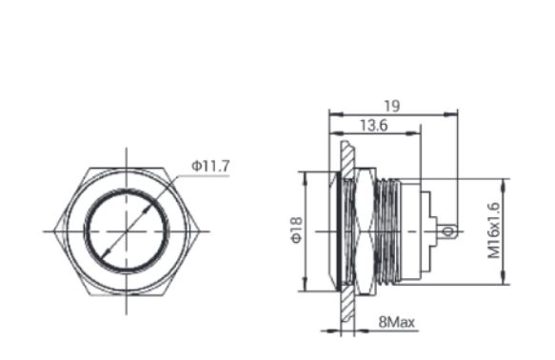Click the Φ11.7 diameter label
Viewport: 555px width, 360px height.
[210, 166]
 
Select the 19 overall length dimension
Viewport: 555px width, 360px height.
[392, 106]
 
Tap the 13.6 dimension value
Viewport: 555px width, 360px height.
[374, 126]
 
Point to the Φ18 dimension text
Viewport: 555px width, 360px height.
[297, 230]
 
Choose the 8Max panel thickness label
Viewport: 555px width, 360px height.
[396, 322]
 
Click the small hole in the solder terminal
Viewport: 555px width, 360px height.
[447, 232]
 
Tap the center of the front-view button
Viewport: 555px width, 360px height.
[127, 231]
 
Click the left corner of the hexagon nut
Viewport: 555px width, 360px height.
[54, 231]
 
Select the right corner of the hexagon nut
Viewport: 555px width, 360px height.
[199, 231]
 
